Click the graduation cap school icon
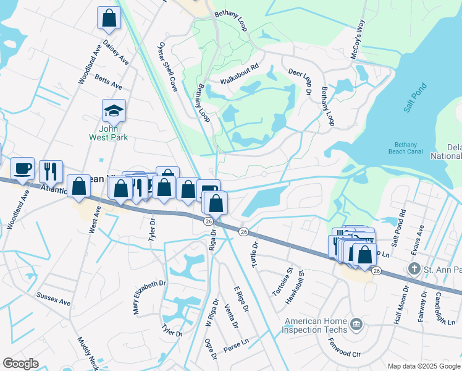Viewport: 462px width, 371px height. coord(114,111)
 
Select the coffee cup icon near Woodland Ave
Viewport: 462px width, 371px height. coord(23,168)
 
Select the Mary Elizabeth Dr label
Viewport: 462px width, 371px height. coord(141,297)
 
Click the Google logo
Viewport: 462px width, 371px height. coord(20,364)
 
